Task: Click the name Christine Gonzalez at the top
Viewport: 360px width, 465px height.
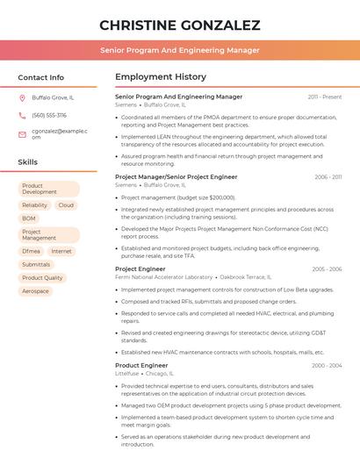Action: [179, 25]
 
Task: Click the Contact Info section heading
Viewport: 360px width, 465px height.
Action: [41, 77]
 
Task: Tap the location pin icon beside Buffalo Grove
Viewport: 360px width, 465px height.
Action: [22, 98]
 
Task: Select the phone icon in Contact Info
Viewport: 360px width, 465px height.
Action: [22, 115]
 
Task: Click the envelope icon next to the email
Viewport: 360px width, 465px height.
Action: [22, 134]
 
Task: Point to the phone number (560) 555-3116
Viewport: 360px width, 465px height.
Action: [49, 115]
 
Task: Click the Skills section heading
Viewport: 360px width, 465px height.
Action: [28, 162]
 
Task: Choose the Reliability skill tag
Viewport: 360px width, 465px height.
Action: [35, 205]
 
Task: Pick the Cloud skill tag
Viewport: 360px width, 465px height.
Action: [66, 205]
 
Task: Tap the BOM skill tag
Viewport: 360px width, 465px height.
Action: [29, 218]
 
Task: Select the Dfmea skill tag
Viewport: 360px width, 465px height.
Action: [32, 251]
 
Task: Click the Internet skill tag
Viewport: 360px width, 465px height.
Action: [61, 251]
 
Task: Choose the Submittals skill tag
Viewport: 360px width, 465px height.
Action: [36, 264]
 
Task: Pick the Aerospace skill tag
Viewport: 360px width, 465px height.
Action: [36, 290]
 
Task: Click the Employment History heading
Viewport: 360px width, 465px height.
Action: [161, 77]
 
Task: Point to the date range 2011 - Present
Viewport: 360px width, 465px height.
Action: [325, 97]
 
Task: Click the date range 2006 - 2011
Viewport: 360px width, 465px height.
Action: [328, 177]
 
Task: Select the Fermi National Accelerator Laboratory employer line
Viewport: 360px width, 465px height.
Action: [164, 277]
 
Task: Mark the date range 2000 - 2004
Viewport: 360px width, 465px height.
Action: [327, 365]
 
